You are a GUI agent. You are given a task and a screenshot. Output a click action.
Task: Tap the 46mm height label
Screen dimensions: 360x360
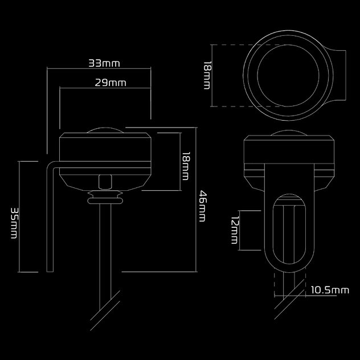pyautogui.click(x=203, y=207)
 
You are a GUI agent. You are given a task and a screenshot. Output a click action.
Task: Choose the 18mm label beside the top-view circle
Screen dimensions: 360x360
pyautogui.click(x=207, y=75)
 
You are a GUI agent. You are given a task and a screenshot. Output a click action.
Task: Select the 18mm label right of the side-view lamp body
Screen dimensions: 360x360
pyautogui.click(x=185, y=165)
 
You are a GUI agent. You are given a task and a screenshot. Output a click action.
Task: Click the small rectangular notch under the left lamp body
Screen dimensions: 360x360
pyautogui.click(x=104, y=181)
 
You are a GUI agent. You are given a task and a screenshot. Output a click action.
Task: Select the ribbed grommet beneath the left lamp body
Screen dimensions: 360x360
pyautogui.click(x=104, y=198)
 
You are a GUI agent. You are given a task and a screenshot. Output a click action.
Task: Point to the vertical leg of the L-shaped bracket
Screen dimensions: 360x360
pyautogui.click(x=50, y=222)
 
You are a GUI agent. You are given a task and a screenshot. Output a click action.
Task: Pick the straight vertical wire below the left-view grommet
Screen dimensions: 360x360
pyautogui.click(x=103, y=251)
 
